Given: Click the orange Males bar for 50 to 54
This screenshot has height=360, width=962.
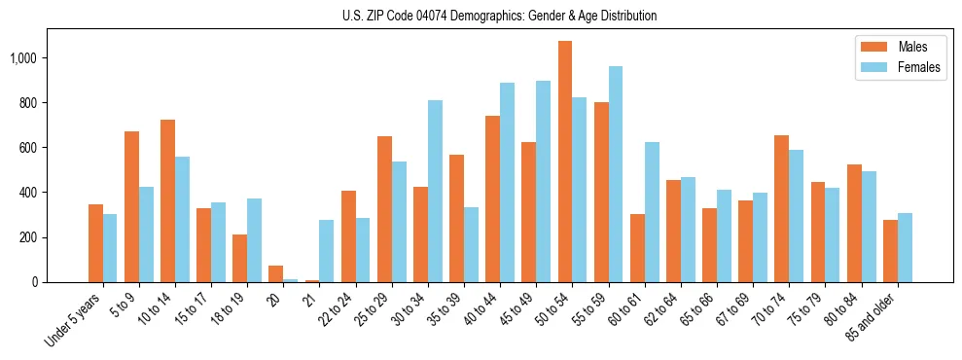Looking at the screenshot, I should (x=565, y=162).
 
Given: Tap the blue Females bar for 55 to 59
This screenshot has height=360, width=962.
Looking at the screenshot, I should (x=616, y=174).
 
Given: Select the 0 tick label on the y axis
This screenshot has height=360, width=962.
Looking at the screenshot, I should (x=35, y=282).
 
